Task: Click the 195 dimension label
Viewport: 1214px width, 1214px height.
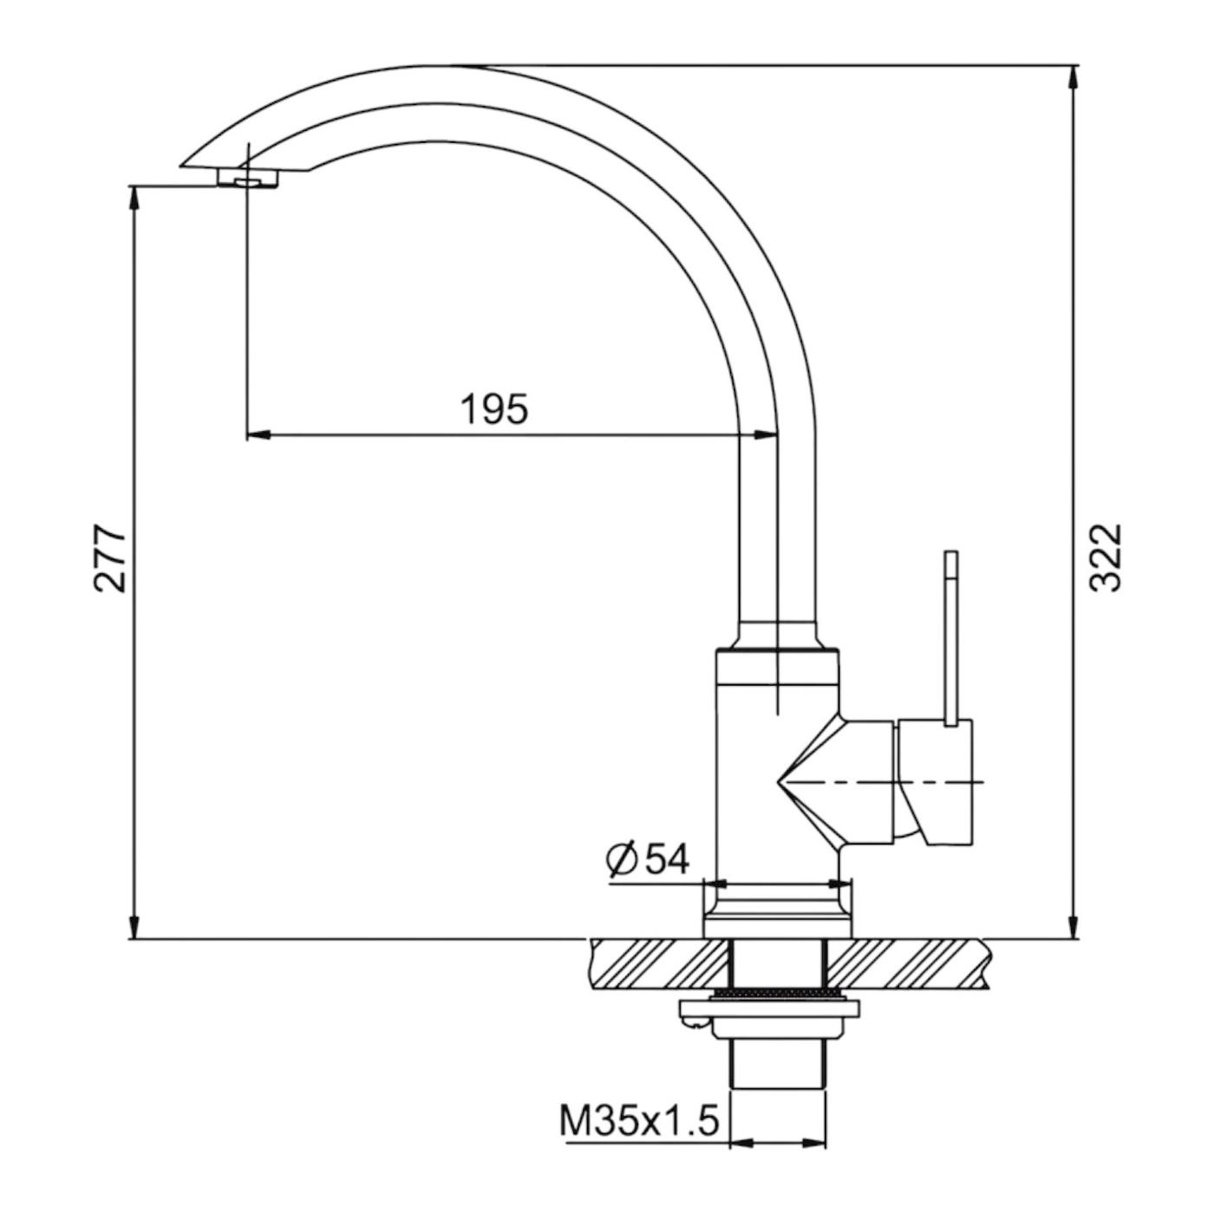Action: [494, 409]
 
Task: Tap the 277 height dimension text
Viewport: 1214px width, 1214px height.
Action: [111, 556]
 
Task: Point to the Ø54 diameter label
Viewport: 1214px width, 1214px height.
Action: [649, 858]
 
